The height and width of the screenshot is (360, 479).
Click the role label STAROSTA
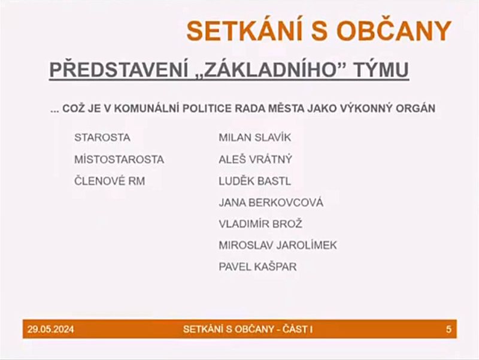(102, 138)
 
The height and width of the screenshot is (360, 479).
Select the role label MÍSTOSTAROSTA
(119, 159)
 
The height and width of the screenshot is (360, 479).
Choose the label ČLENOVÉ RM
(110, 181)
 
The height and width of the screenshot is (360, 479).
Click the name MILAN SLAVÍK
(255, 138)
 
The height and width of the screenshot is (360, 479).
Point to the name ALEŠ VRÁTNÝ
(256, 159)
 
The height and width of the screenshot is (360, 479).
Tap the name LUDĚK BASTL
(255, 181)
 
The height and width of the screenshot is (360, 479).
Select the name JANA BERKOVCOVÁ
(271, 202)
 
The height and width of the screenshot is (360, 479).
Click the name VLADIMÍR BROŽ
(260, 223)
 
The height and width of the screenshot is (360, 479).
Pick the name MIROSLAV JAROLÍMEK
(278, 245)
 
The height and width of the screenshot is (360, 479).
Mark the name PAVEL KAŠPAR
(258, 267)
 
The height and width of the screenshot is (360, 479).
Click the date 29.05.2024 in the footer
(51, 329)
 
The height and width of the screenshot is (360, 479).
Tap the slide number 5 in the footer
(448, 329)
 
